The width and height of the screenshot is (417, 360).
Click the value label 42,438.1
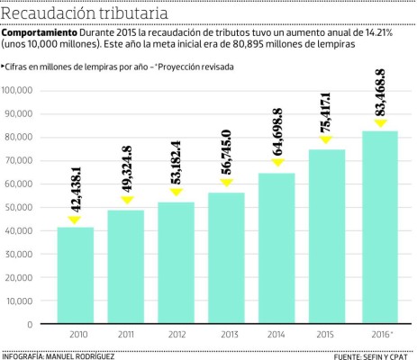75,193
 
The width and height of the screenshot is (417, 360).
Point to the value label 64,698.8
277,132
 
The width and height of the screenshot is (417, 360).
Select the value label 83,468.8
379,92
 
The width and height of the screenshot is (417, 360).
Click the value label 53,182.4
177,163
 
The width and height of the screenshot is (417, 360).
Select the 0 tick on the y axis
30,324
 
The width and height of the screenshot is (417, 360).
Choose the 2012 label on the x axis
177,335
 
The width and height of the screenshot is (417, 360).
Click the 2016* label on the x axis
381,335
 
